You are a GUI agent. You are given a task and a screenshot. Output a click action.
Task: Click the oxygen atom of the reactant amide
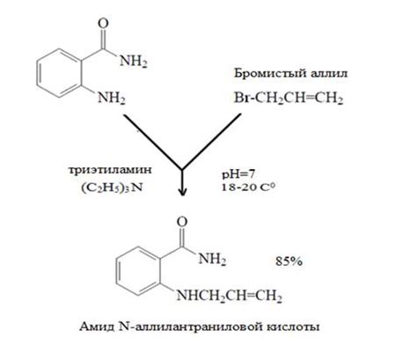pyautogui.click(x=103, y=24)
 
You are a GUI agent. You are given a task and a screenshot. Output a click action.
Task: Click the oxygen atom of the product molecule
pyautogui.click(x=182, y=222)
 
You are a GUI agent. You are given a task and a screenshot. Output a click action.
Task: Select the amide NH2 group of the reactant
pyautogui.click(x=134, y=62)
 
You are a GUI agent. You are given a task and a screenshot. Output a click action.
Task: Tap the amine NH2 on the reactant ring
pyautogui.click(x=112, y=98)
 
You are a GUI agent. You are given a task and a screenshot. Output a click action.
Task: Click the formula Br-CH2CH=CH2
pyautogui.click(x=289, y=98)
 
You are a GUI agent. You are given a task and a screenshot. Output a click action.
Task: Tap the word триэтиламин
pyautogui.click(x=110, y=170)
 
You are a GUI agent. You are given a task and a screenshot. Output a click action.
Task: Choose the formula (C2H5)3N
pyautogui.click(x=112, y=187)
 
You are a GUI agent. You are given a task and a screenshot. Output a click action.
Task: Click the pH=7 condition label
pyautogui.click(x=238, y=174)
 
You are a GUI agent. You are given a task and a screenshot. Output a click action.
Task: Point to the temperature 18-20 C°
pyautogui.click(x=248, y=187)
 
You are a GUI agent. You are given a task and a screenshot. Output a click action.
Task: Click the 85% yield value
pyautogui.click(x=289, y=261)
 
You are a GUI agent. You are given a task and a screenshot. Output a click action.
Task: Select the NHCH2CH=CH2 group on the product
pyautogui.click(x=229, y=296)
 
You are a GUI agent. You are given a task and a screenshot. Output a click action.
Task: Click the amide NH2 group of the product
pyautogui.click(x=212, y=259)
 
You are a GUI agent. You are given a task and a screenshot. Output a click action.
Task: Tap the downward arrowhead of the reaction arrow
pyautogui.click(x=183, y=191)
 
